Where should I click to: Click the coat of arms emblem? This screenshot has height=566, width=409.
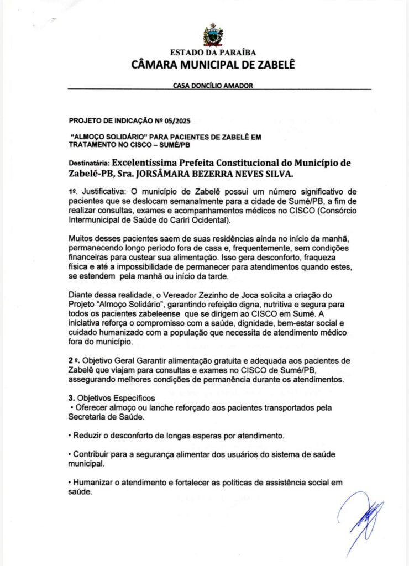point(213,35)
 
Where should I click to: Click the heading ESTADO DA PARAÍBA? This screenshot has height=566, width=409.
point(213,53)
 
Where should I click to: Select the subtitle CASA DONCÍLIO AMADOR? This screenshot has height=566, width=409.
point(213,86)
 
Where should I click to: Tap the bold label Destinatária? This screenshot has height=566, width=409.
point(88,164)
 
